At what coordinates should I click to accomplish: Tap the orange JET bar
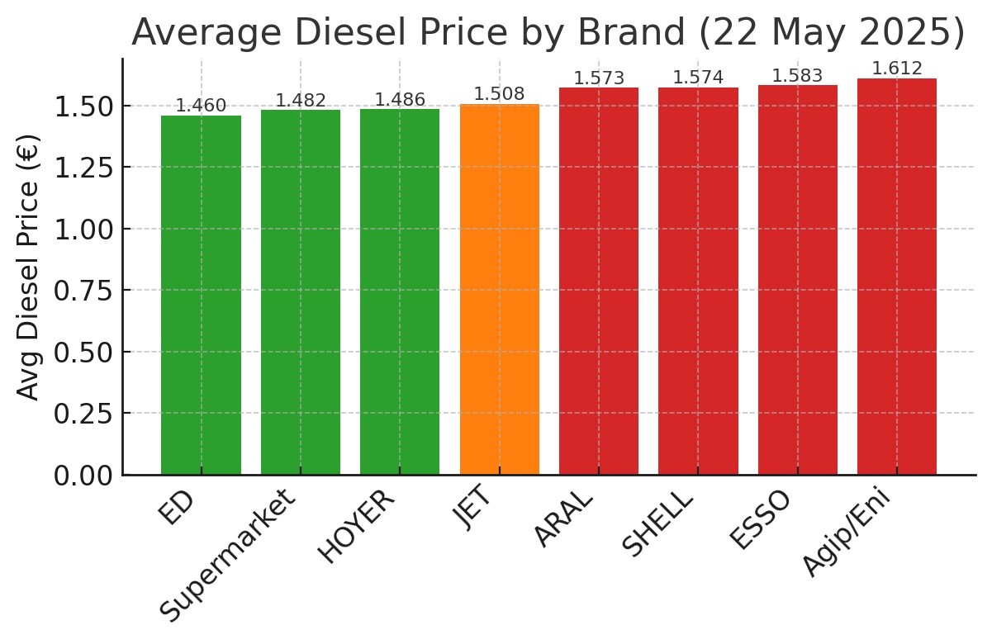499,289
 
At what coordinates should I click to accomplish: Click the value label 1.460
201,106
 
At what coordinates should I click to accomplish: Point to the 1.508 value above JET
499,94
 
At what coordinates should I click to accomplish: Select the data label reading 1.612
896,69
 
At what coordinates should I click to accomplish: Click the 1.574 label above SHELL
698,78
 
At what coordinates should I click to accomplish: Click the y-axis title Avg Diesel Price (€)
29,267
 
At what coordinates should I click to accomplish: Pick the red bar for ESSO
797,280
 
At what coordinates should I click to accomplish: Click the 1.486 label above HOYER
400,100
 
